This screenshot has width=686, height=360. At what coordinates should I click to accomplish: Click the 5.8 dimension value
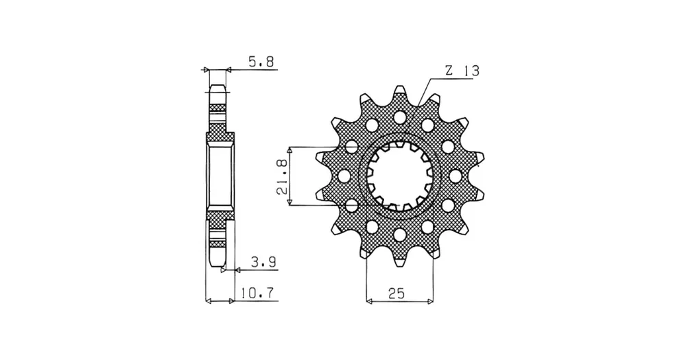pos(261,62)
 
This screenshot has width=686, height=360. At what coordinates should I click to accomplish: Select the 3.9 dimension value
pos(263,262)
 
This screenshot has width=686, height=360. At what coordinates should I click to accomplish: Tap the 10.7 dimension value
pos(257,293)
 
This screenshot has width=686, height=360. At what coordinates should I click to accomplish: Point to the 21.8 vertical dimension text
pos(282,176)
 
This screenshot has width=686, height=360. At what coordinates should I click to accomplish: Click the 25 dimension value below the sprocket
pos(396,293)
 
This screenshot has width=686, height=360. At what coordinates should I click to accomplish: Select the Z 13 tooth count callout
pos(462,71)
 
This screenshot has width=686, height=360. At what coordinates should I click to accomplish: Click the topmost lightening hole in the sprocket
pos(399,117)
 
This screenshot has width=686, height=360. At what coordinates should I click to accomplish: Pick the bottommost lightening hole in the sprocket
pos(399,235)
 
